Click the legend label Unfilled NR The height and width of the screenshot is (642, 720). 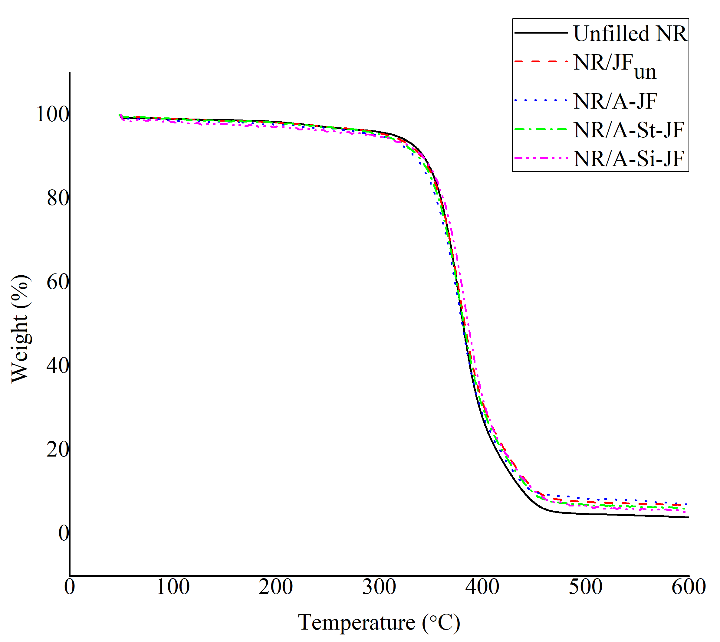click(x=630, y=34)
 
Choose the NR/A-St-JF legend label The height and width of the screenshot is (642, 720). click(x=629, y=130)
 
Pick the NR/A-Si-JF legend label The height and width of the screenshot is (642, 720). click(x=629, y=159)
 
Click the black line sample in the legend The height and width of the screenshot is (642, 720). click(x=541, y=33)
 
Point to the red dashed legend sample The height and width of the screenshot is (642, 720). click(x=541, y=62)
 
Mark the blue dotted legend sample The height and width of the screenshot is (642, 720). click(x=541, y=100)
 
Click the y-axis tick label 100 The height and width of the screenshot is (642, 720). click(x=52, y=114)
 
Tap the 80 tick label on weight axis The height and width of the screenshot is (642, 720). click(x=58, y=198)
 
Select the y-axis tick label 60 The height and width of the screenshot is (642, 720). click(x=58, y=282)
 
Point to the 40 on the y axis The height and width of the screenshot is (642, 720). click(x=58, y=365)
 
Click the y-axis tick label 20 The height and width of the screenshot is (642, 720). click(x=58, y=449)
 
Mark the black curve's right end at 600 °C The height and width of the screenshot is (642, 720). click(x=688, y=517)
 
